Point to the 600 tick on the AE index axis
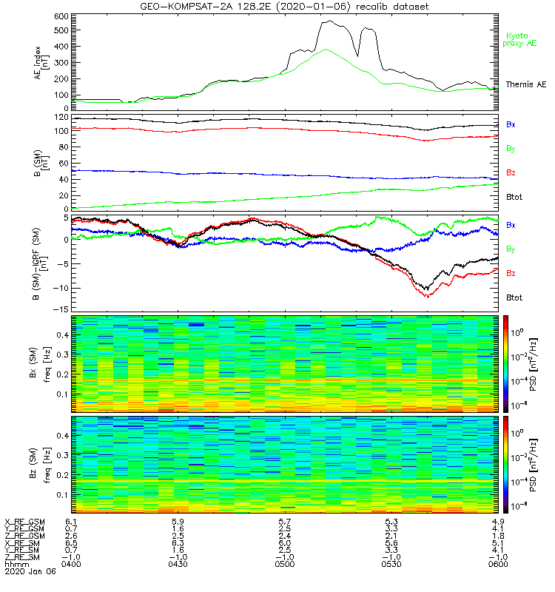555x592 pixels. tap(61, 16)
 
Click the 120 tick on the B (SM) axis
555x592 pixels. tap(61, 118)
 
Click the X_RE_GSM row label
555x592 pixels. tap(24, 522)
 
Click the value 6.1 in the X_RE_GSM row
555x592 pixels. tap(72, 522)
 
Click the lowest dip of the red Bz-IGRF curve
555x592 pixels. tap(427, 297)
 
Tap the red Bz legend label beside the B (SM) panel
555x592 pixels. tap(511, 172)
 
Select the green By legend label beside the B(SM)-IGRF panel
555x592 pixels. tap(511, 249)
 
